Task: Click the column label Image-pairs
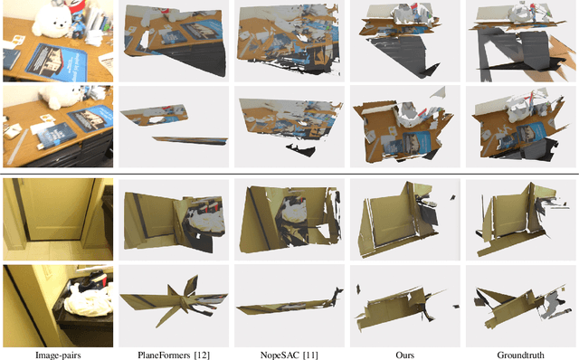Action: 57,354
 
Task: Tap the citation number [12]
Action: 202,354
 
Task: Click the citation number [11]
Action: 309,354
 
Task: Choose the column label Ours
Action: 404,354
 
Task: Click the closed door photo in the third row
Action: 57,217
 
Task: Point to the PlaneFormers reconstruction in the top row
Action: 172,41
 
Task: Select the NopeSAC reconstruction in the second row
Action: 288,125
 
